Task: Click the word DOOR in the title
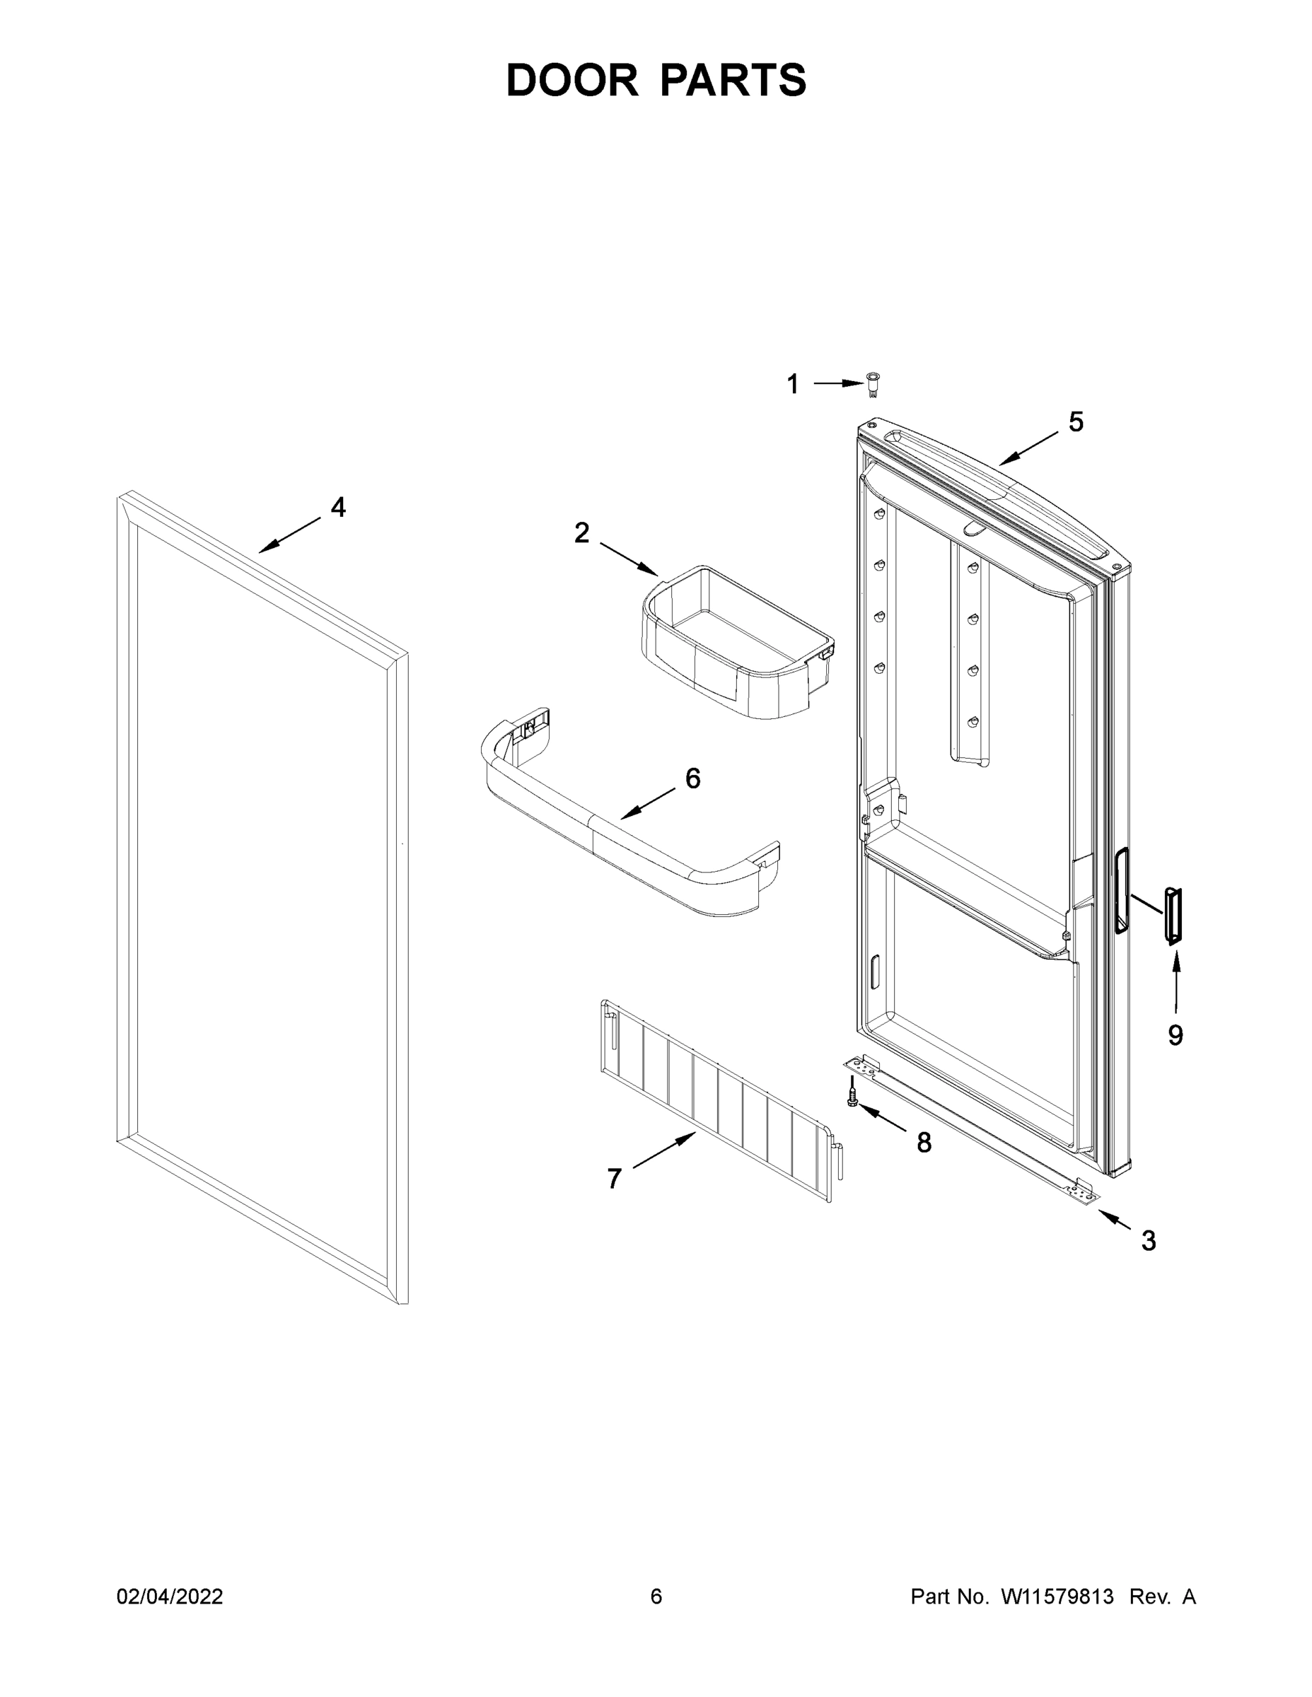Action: [x=572, y=81]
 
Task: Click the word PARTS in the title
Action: [x=733, y=81]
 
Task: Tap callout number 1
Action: [x=792, y=384]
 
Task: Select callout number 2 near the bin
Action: [x=581, y=533]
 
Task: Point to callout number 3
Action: [x=1148, y=1241]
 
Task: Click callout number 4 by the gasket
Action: [x=338, y=508]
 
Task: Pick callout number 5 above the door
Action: [x=1076, y=422]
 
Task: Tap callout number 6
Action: [x=692, y=778]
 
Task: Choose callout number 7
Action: [x=614, y=1179]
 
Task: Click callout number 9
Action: [x=1175, y=1034]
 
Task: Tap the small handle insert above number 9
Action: [x=1172, y=916]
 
